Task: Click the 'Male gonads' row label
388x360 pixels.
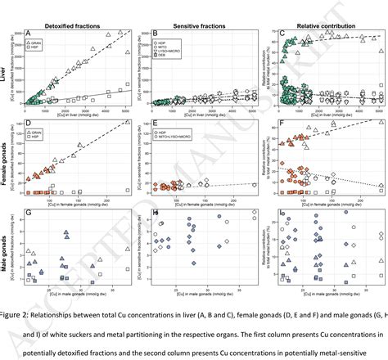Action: (x=7, y=245)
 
